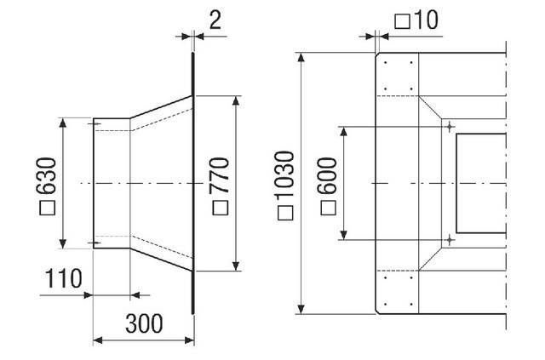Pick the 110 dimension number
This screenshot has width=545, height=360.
(x=65, y=278)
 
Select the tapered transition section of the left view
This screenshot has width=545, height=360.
(x=162, y=183)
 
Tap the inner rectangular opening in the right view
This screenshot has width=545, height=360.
(x=481, y=183)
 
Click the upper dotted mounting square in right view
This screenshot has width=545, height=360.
(x=399, y=76)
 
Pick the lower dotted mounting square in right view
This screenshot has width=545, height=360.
(x=399, y=291)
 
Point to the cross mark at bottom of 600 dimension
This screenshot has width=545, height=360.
(x=449, y=241)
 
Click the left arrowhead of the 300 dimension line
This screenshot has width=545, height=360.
(x=96, y=340)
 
